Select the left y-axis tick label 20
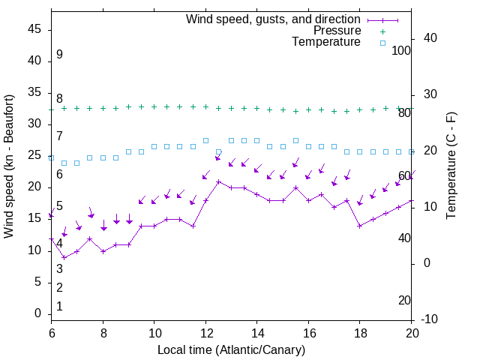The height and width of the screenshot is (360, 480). [x=34, y=187]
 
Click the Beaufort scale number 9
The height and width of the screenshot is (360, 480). [x=59, y=55]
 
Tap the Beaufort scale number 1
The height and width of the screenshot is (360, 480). [x=59, y=307]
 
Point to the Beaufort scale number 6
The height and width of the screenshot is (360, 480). [x=59, y=174]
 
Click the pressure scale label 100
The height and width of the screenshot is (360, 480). [x=402, y=50]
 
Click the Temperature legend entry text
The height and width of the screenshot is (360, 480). [x=326, y=42]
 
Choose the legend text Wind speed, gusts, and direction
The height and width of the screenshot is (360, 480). [x=274, y=19]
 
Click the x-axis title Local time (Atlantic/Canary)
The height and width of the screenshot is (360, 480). [x=231, y=349]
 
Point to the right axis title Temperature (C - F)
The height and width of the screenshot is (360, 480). [x=451, y=166]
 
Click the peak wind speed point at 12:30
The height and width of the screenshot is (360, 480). [x=218, y=181]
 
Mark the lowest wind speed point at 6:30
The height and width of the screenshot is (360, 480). [x=64, y=257]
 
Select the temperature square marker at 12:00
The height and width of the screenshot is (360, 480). [x=205, y=140]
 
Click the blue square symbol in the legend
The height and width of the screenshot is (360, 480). [x=382, y=43]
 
